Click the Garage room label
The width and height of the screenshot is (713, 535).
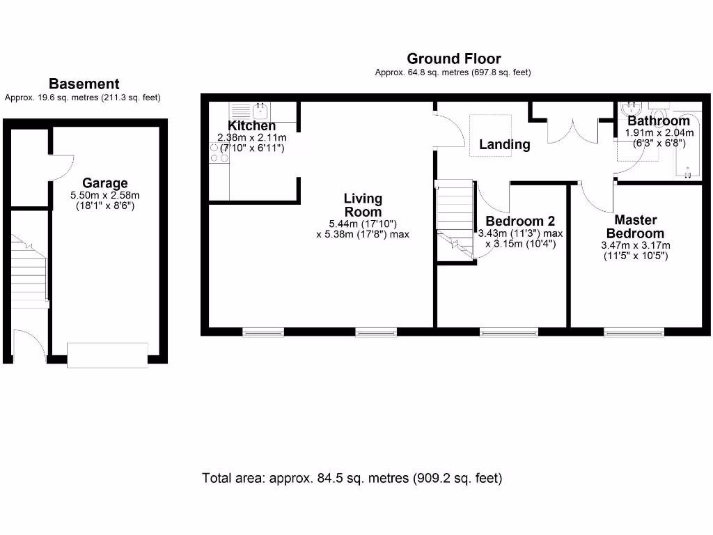click(x=105, y=183)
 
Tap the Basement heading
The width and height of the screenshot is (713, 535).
click(x=84, y=84)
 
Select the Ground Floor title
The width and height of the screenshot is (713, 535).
click(x=454, y=59)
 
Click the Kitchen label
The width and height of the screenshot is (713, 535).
click(x=251, y=125)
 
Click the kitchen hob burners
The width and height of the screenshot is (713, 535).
click(x=219, y=153)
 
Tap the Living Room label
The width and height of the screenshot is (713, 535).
click(x=363, y=206)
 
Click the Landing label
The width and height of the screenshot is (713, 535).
click(x=505, y=144)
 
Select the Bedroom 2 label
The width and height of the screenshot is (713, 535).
click(x=520, y=221)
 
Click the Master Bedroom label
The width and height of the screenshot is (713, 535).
click(x=635, y=226)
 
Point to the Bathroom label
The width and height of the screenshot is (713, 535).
click(x=659, y=121)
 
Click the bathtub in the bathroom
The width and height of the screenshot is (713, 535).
click(x=687, y=145)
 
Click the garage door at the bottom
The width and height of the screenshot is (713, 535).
click(x=107, y=355)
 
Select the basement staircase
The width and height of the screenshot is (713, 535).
click(x=29, y=272)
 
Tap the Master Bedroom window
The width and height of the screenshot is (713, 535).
click(x=634, y=332)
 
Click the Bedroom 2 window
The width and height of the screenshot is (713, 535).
click(x=509, y=332)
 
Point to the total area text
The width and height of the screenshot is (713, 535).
click(x=352, y=478)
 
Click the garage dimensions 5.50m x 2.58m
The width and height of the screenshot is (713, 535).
click(x=105, y=195)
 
